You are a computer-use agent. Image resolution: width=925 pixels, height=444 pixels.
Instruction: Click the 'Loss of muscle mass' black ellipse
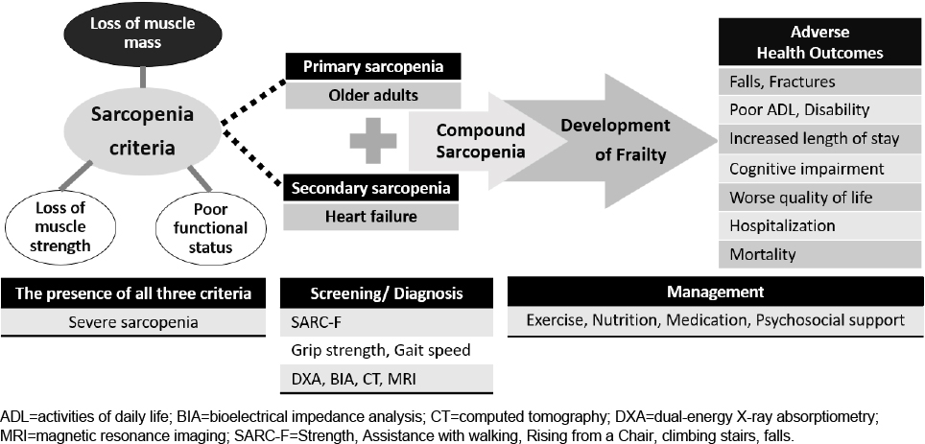[142, 34]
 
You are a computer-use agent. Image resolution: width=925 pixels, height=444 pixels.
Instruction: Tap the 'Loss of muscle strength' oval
[60, 227]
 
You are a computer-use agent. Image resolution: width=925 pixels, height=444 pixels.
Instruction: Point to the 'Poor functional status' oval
[210, 227]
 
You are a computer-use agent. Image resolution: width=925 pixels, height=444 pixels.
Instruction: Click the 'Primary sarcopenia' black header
[373, 66]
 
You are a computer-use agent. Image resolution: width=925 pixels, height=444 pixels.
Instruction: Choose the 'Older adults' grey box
[373, 95]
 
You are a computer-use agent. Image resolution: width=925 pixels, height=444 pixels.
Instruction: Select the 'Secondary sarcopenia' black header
[371, 188]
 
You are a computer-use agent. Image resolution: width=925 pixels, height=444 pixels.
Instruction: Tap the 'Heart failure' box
[371, 217]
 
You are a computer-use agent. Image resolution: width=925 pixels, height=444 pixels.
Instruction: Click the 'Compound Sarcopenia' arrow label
[481, 140]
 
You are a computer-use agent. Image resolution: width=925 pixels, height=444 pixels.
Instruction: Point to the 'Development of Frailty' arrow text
[615, 140]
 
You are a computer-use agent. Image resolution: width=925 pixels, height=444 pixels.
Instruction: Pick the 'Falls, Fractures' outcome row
[819, 81]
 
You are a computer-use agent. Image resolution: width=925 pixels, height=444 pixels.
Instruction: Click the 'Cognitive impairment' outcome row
[819, 169]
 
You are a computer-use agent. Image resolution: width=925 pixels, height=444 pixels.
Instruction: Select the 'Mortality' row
[819, 255]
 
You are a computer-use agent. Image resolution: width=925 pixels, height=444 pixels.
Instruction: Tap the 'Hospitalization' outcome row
[819, 225]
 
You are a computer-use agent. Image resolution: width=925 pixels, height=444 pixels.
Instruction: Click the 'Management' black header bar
[715, 292]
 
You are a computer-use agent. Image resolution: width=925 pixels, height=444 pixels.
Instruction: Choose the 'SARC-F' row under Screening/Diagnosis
[387, 323]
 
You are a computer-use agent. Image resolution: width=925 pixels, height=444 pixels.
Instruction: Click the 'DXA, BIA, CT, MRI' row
[387, 379]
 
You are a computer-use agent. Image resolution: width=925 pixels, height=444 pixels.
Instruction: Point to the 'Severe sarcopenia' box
[133, 322]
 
